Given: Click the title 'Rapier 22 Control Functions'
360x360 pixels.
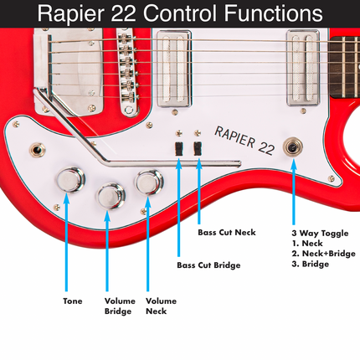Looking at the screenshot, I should coord(180,13).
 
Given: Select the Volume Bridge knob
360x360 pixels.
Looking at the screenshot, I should coord(111,197).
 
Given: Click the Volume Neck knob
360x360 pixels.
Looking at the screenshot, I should coord(150,181).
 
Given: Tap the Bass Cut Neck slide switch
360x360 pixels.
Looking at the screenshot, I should coord(198,148).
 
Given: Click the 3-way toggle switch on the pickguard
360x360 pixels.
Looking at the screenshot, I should coord(294,144).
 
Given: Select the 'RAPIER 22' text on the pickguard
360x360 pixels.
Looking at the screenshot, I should coord(244,139).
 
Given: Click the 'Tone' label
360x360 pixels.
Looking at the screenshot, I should coord(73,301).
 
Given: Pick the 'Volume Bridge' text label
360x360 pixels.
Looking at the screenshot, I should coord(120,306).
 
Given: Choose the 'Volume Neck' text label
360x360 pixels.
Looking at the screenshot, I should coord(161,306).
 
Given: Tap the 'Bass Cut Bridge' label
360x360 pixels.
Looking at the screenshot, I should coord(208,265).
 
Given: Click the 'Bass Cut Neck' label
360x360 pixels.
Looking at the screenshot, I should coord(227,232).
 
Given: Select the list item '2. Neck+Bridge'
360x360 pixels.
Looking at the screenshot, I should coord(322,253).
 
